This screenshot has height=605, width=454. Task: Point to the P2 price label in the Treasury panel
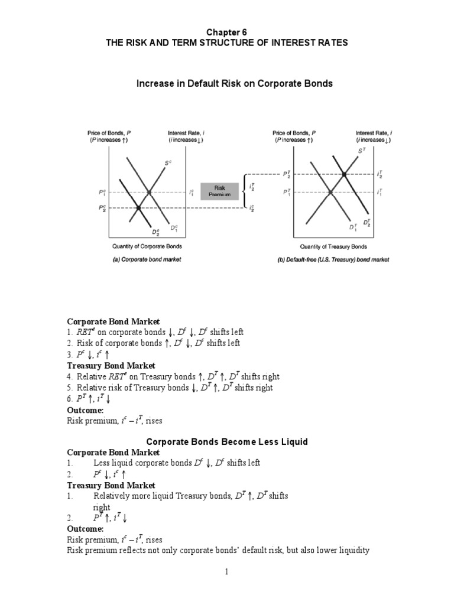(286, 175)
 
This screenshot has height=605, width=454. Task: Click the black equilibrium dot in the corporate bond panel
(138, 207)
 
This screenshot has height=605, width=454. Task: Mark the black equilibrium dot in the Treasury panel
(343, 175)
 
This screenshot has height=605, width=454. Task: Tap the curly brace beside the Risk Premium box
(245, 191)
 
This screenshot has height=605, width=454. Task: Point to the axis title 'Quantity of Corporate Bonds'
(147, 246)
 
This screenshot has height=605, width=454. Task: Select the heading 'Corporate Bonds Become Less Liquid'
(227, 441)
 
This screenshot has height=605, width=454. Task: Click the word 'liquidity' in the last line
(352, 550)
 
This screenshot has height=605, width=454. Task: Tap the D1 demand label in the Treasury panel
(353, 227)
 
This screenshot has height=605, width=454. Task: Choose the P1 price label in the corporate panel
(102, 193)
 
